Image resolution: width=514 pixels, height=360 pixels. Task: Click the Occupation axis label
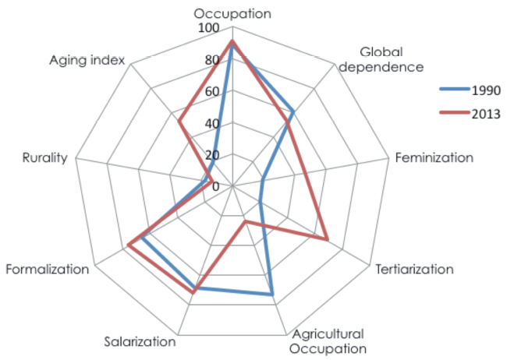point(232,13)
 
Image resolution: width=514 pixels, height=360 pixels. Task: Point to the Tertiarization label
point(414,270)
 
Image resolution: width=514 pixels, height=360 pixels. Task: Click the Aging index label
point(87,60)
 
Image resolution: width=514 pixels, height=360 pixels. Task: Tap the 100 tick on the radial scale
point(209,29)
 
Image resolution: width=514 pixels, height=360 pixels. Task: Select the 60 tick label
point(213,92)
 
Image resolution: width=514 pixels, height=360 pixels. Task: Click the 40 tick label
point(213,123)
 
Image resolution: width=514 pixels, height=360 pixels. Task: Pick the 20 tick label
point(213,154)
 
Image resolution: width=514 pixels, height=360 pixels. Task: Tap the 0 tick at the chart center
point(216,185)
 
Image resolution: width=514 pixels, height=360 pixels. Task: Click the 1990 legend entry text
point(485,90)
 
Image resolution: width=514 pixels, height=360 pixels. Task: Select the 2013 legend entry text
point(485,113)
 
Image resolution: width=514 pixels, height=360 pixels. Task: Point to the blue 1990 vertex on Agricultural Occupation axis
point(272,295)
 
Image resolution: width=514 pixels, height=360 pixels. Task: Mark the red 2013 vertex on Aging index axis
point(179,121)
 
